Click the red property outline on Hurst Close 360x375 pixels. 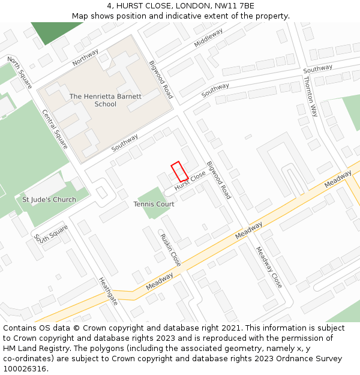179,172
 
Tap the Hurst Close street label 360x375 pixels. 190,182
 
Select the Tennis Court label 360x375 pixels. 154,204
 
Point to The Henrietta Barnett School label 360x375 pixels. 106,100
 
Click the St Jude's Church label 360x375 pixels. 49,199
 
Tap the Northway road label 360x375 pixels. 85,58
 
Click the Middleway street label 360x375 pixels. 208,37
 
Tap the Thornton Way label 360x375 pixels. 310,96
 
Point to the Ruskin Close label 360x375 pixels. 170,250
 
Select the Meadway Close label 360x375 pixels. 268,267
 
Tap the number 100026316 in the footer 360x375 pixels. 25,368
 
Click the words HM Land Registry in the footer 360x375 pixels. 33,348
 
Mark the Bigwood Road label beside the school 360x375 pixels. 161,79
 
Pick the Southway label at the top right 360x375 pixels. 317,69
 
